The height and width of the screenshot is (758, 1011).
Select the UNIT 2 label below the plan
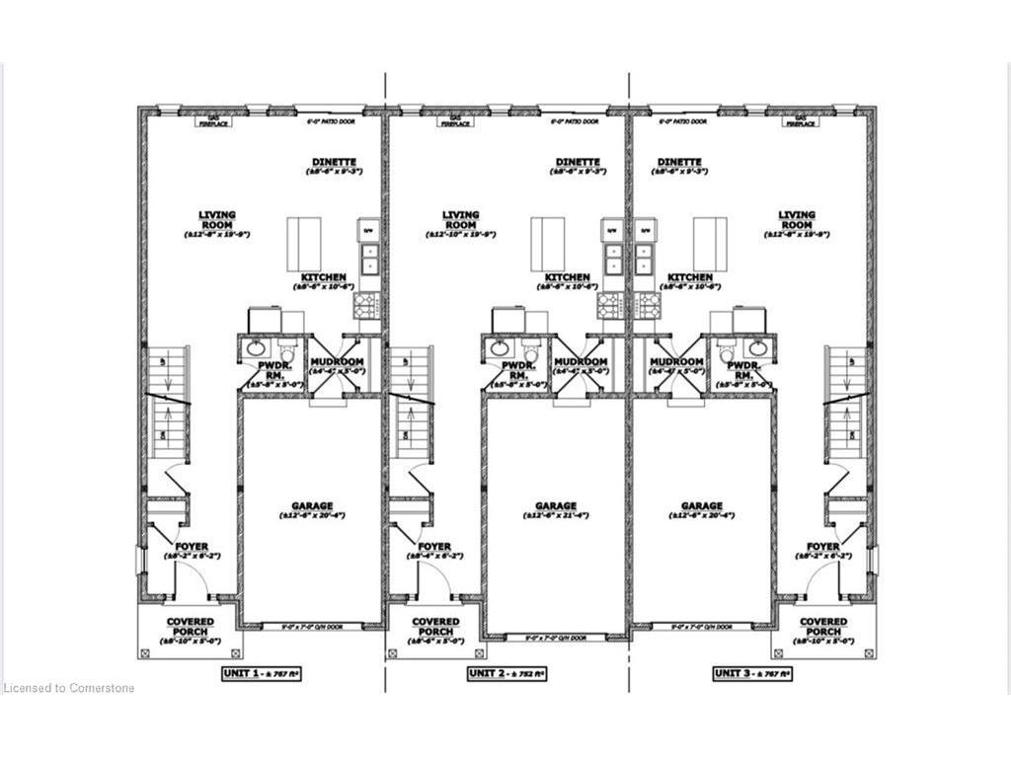[x=506, y=673]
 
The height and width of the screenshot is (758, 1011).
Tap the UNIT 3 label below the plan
[x=751, y=673]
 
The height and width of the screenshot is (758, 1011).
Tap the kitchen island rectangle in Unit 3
[x=710, y=244]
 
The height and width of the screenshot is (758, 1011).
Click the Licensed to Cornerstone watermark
[x=69, y=688]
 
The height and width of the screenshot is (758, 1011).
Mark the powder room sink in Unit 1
[x=256, y=347]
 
